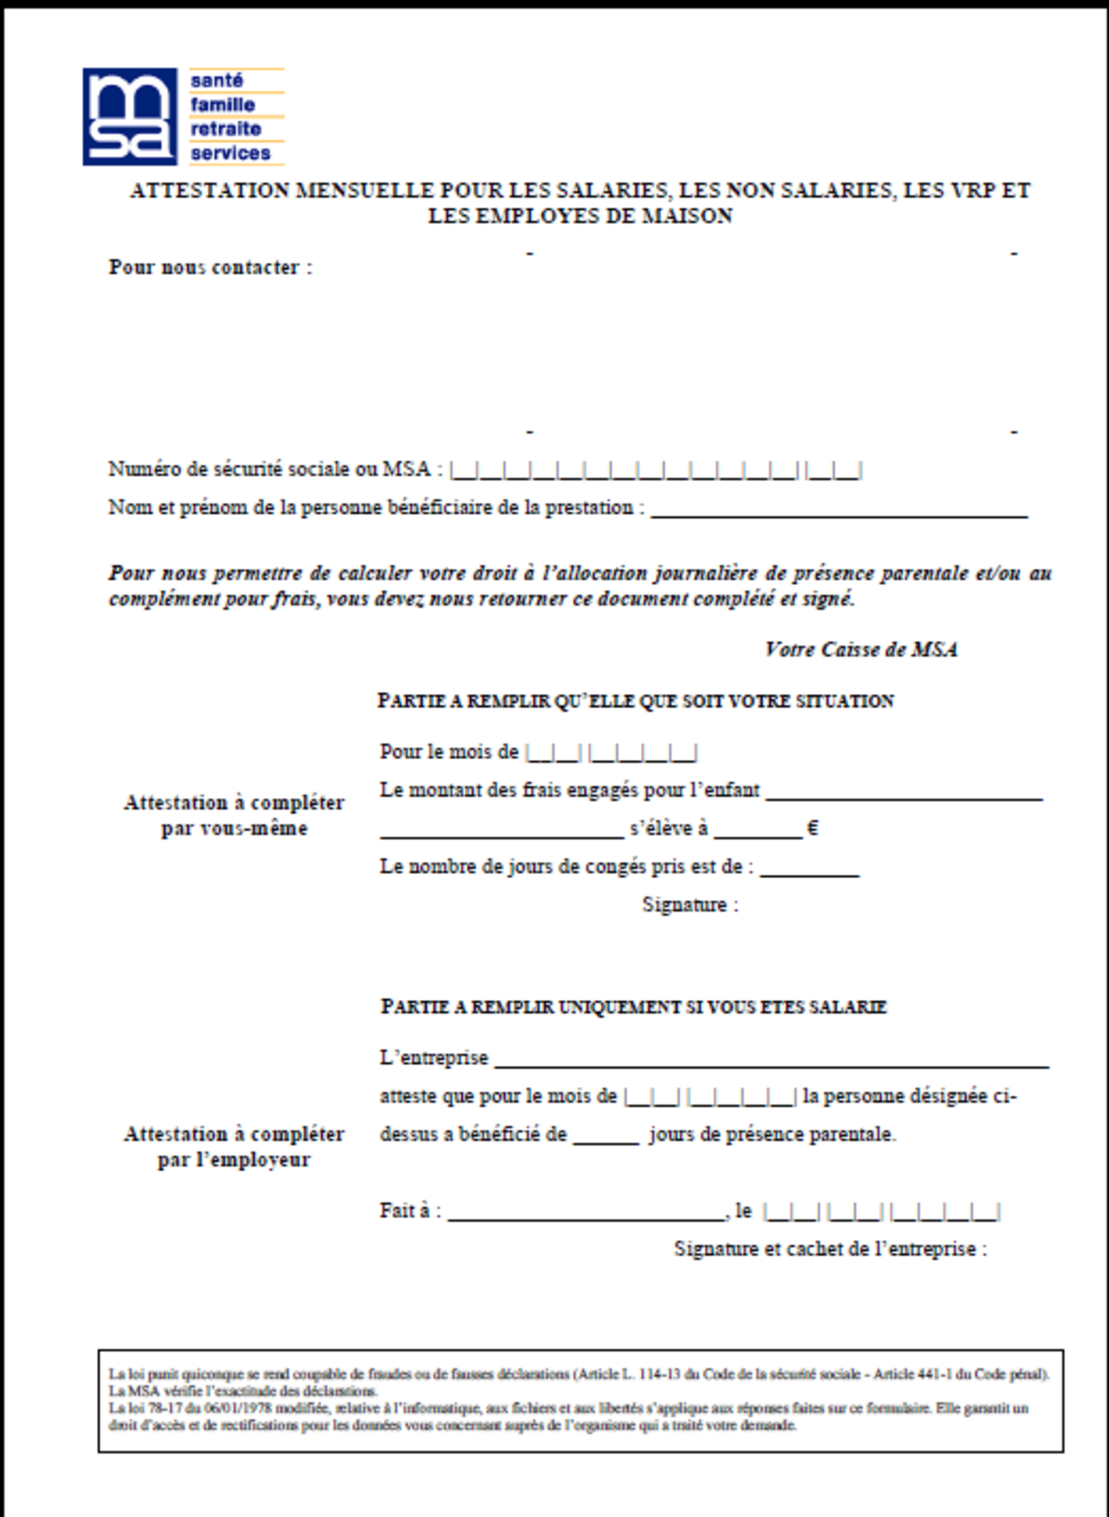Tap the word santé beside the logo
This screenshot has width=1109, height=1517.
pos(216,81)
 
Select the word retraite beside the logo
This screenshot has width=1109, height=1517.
pos(225,129)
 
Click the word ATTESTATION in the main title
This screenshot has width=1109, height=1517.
pos(209,191)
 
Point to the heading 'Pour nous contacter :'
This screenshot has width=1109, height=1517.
pos(211,267)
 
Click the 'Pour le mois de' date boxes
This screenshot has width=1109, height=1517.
pos(611,753)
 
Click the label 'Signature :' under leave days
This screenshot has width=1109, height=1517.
pos(690,905)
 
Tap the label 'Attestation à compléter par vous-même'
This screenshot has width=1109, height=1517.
pos(233,815)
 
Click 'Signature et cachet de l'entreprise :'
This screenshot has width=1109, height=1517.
pos(830,1249)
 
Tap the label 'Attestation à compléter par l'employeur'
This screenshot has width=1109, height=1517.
pos(233,1146)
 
